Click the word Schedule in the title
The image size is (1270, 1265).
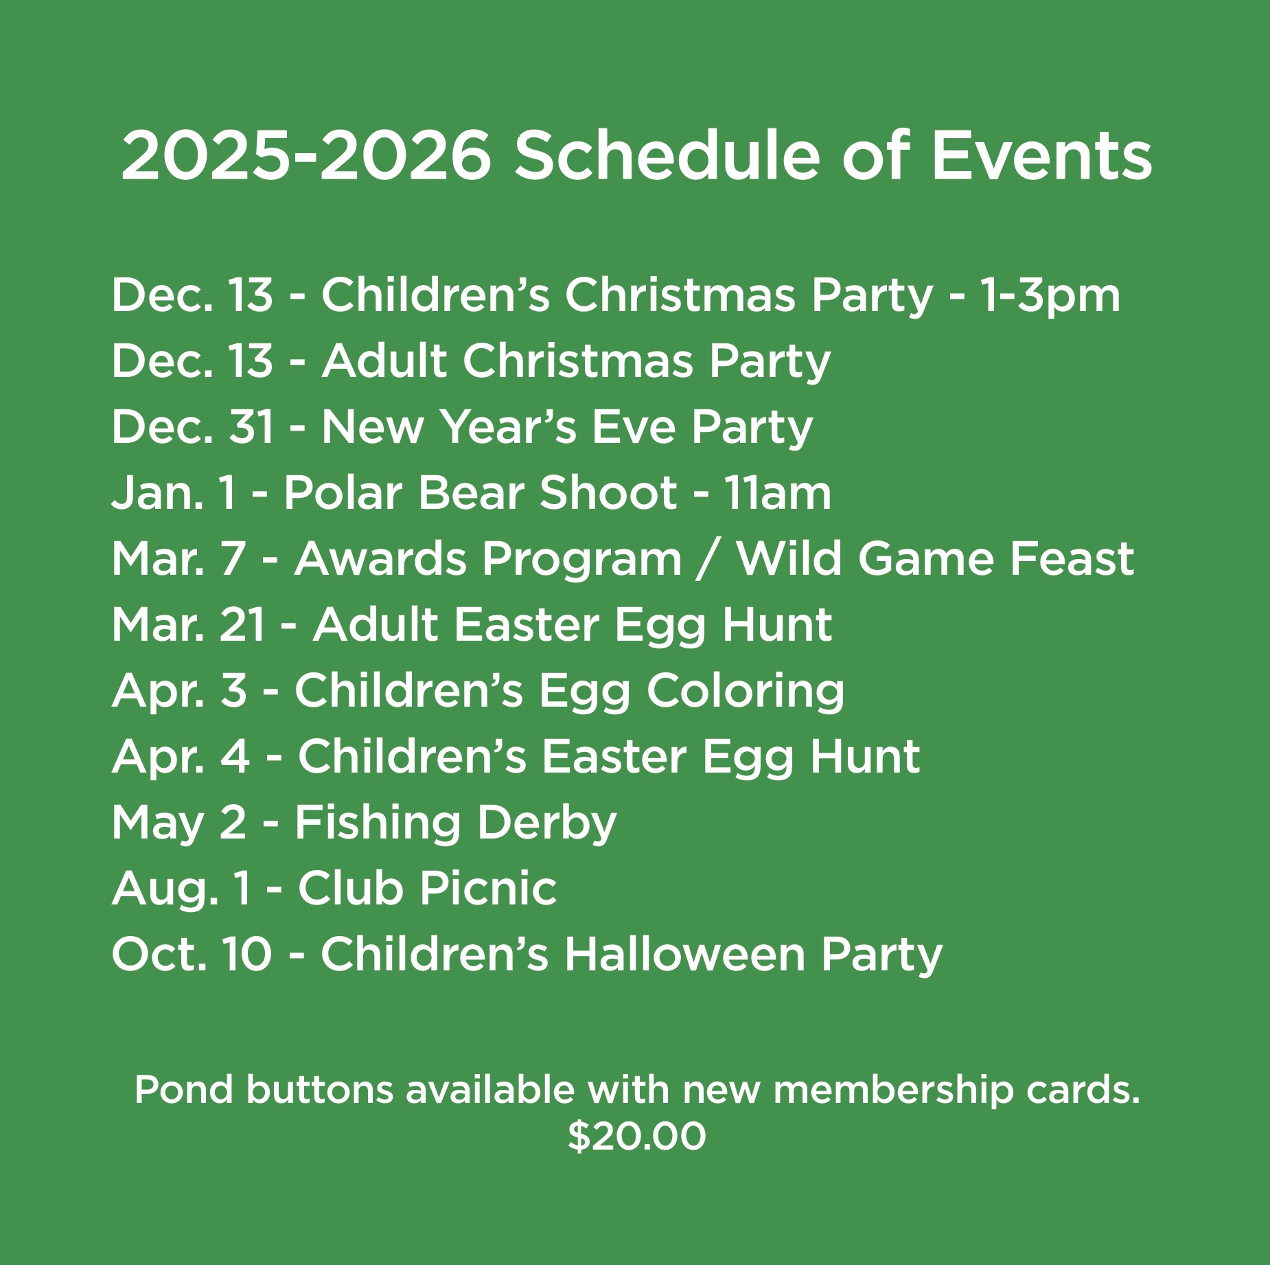[x=667, y=156]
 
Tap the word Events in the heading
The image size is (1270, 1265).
[x=1041, y=156]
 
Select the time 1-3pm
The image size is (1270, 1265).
[x=1050, y=296]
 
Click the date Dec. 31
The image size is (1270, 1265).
[x=193, y=427]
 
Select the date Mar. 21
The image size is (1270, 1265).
[x=188, y=625]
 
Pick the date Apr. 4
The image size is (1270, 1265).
[x=181, y=757]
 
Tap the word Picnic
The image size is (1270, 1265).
[x=488, y=889]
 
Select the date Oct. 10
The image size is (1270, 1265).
[x=192, y=955]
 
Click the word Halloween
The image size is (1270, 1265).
[x=684, y=955]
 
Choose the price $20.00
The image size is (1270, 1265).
[x=636, y=1136]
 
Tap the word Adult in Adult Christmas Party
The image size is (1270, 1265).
[x=384, y=361]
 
